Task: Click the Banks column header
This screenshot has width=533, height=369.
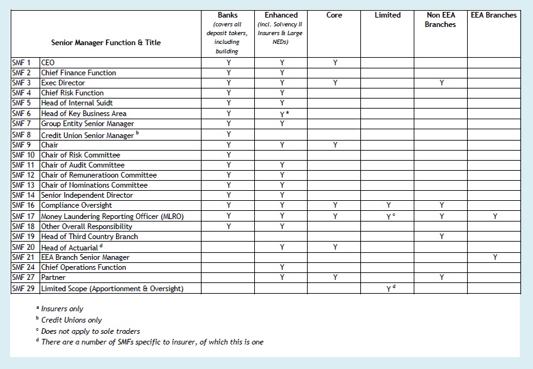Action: [x=227, y=15]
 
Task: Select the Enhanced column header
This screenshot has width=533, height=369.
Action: [x=282, y=15]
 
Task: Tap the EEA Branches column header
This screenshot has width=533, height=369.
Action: [x=494, y=15]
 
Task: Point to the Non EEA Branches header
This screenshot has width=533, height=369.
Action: [x=442, y=19]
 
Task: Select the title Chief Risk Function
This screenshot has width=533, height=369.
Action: [x=72, y=93]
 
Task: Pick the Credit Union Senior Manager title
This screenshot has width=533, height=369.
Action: [x=87, y=135]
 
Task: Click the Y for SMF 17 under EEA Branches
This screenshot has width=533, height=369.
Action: [x=495, y=217]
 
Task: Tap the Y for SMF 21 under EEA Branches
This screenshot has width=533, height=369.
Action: [x=495, y=257]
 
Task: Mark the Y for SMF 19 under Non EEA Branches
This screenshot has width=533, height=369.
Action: [x=442, y=237]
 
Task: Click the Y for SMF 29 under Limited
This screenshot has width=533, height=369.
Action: [x=388, y=289]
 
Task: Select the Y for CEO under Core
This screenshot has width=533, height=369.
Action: [x=335, y=63]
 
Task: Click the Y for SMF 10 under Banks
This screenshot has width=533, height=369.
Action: [x=229, y=155]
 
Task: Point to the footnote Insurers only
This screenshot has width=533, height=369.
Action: [x=62, y=309]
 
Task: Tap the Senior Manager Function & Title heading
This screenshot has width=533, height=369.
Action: [x=106, y=43]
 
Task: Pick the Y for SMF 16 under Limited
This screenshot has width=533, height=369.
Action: [x=388, y=205]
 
